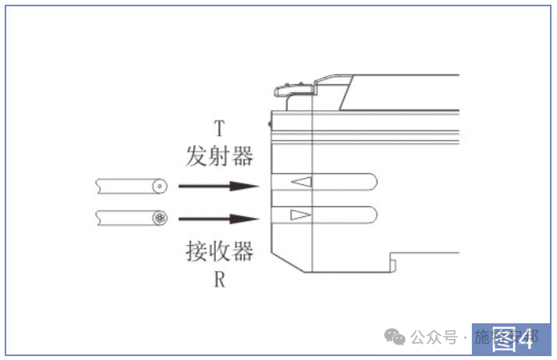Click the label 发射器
click(x=220, y=155)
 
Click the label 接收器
click(x=220, y=251)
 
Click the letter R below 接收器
click(x=220, y=279)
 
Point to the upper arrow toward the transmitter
click(x=218, y=187)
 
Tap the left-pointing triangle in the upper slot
click(x=301, y=182)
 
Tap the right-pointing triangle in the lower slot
click(x=301, y=215)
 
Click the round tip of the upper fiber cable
click(x=160, y=187)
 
